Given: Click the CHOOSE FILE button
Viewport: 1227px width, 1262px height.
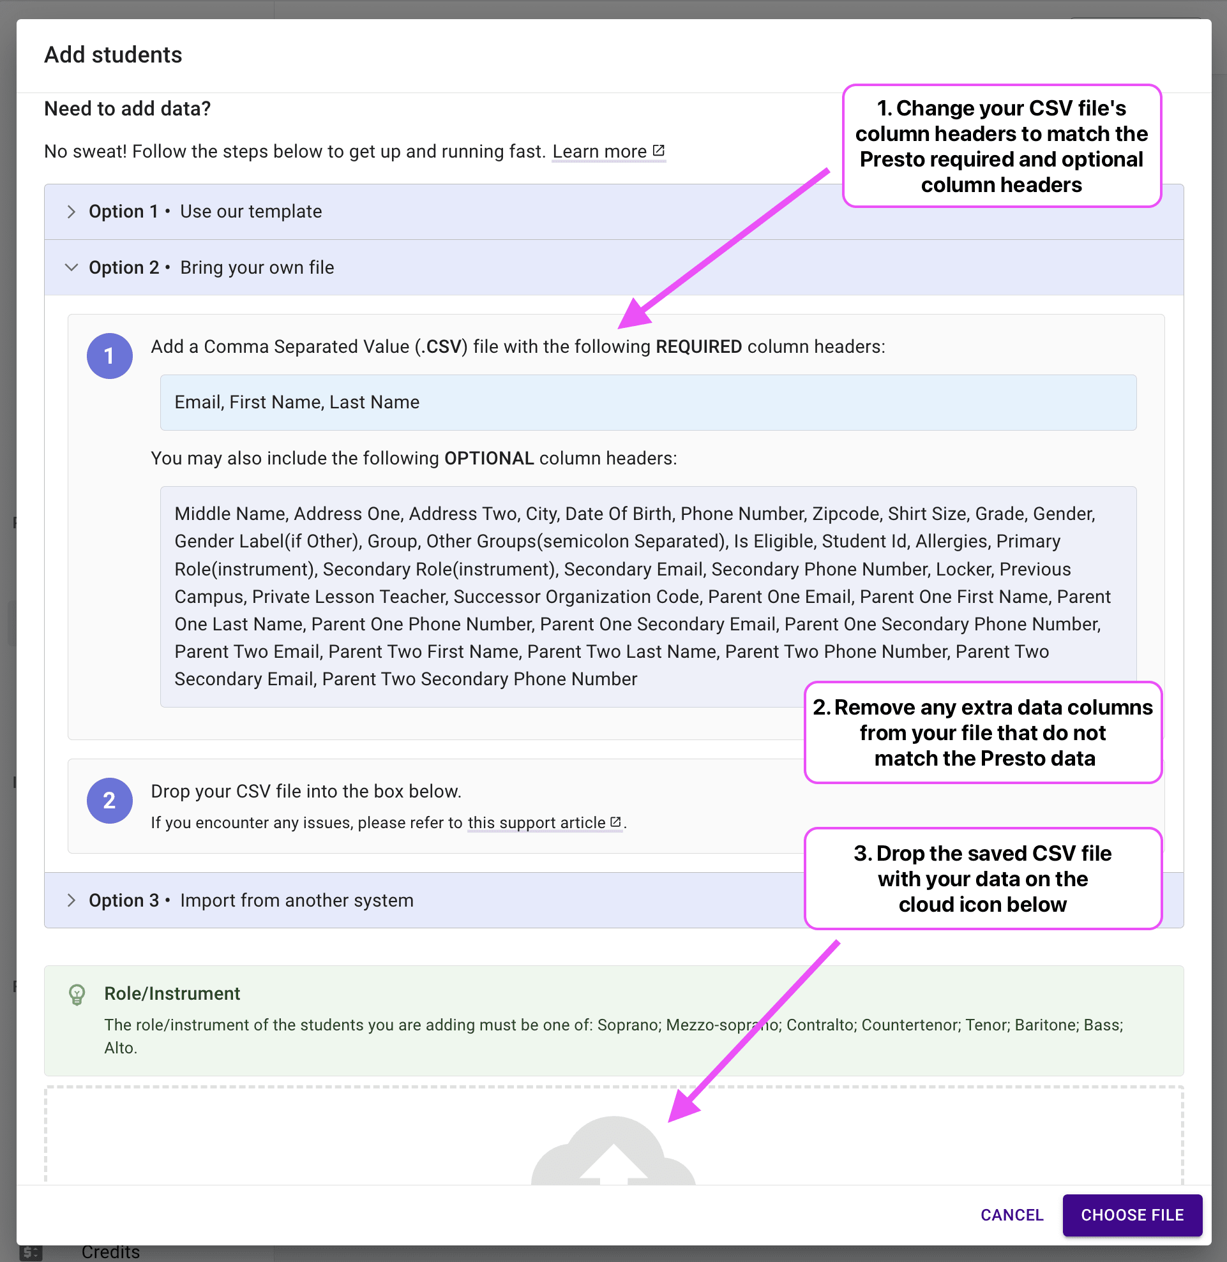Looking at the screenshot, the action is click(1132, 1214).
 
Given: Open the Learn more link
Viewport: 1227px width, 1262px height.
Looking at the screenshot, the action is click(608, 151).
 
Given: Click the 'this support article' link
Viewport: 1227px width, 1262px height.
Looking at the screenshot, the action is click(545, 822).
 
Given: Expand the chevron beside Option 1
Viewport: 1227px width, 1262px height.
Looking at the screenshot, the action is click(71, 212).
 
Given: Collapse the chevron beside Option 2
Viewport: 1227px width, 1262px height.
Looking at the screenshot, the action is click(71, 267).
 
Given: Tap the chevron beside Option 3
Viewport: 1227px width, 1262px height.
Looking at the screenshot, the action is click(71, 900).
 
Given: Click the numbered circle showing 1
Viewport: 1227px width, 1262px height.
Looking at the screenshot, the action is click(110, 355).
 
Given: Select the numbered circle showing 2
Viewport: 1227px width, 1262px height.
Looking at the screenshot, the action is click(110, 800).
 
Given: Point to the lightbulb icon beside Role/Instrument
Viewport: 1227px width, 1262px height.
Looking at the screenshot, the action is click(77, 995).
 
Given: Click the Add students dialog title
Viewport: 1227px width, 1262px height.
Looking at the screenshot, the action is click(113, 55).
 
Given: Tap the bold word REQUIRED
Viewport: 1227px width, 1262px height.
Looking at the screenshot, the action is click(698, 346).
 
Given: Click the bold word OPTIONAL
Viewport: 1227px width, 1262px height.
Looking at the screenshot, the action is click(489, 458).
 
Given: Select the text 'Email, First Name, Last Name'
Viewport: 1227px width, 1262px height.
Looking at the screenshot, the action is click(296, 402).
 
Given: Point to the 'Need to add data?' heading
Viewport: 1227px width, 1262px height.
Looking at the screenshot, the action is click(127, 108).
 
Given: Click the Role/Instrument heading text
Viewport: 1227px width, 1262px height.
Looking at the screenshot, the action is click(172, 993).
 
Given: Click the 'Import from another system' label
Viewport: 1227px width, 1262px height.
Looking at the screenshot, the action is click(296, 900).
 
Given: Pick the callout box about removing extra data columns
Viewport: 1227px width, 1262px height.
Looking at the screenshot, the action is click(982, 732).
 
